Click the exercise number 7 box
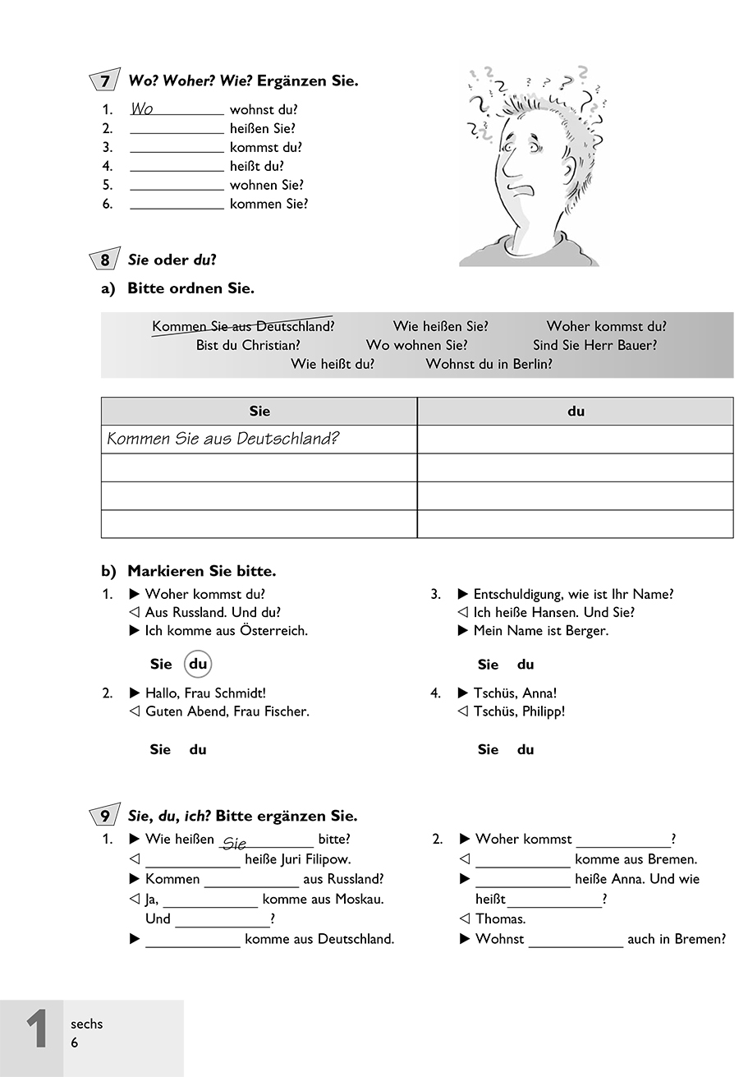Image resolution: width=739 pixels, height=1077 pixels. pyautogui.click(x=104, y=81)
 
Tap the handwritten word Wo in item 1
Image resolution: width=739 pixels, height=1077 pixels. pyautogui.click(x=142, y=109)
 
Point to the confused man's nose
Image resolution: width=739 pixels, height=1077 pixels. pyautogui.click(x=510, y=168)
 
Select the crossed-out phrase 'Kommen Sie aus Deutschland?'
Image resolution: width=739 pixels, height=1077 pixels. pyautogui.click(x=243, y=326)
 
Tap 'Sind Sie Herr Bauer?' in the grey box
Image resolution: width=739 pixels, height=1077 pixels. pyautogui.click(x=594, y=346)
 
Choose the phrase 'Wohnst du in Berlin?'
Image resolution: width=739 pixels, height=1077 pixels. pyautogui.click(x=489, y=364)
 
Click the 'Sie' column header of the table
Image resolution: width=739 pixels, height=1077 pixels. pyautogui.click(x=259, y=411)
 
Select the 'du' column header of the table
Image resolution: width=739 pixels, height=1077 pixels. pyautogui.click(x=576, y=411)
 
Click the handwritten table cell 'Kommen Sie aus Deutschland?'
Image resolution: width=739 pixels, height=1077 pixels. pyautogui.click(x=223, y=439)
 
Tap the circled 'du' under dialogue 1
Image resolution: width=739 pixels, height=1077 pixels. pyautogui.click(x=198, y=664)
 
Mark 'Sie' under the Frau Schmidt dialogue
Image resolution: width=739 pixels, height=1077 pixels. pyautogui.click(x=160, y=749)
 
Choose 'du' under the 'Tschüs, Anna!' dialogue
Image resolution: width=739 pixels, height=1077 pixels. pyautogui.click(x=526, y=749)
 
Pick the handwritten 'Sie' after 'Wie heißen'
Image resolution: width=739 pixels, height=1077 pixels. pyautogui.click(x=235, y=843)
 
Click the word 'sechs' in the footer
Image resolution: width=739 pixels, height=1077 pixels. pyautogui.click(x=87, y=1024)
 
